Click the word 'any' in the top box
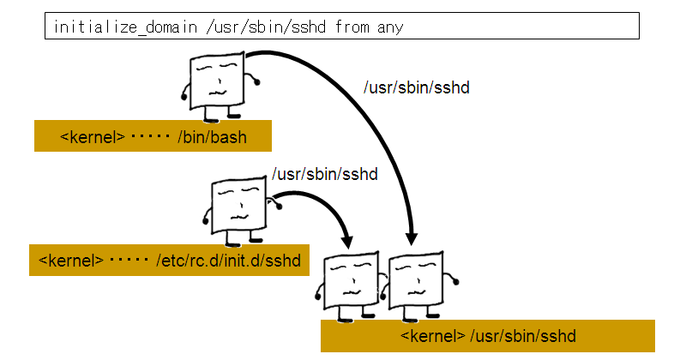point(389,27)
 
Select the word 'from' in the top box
point(352,27)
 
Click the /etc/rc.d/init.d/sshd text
point(230,260)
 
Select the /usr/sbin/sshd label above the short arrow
point(325,174)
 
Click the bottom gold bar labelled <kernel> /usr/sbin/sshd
point(487,335)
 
